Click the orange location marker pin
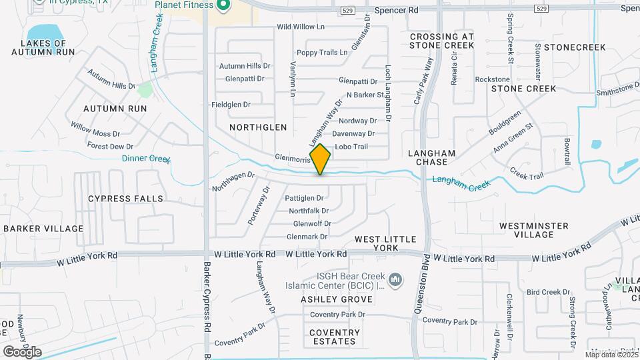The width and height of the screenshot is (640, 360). tap(321, 159)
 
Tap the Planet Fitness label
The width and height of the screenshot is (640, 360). tap(184, 5)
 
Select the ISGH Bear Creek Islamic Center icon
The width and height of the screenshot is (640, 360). tap(395, 279)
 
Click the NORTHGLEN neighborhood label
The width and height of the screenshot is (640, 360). tap(258, 127)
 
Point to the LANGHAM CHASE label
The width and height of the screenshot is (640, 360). tap(435, 157)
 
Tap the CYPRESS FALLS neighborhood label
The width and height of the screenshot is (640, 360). tap(125, 199)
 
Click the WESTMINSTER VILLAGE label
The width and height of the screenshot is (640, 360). tap(535, 230)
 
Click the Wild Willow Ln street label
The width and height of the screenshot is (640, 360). tap(301, 27)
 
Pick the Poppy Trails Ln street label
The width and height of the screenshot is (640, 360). tap(323, 53)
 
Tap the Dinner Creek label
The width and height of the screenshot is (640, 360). tap(147, 159)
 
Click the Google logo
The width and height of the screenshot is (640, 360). tap(22, 351)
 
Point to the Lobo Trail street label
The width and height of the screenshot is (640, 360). tap(351, 147)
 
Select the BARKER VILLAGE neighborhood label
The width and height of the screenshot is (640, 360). tap(43, 229)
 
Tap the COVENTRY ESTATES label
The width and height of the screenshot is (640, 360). tap(335, 337)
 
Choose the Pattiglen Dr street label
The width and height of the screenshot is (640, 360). tap(304, 198)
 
